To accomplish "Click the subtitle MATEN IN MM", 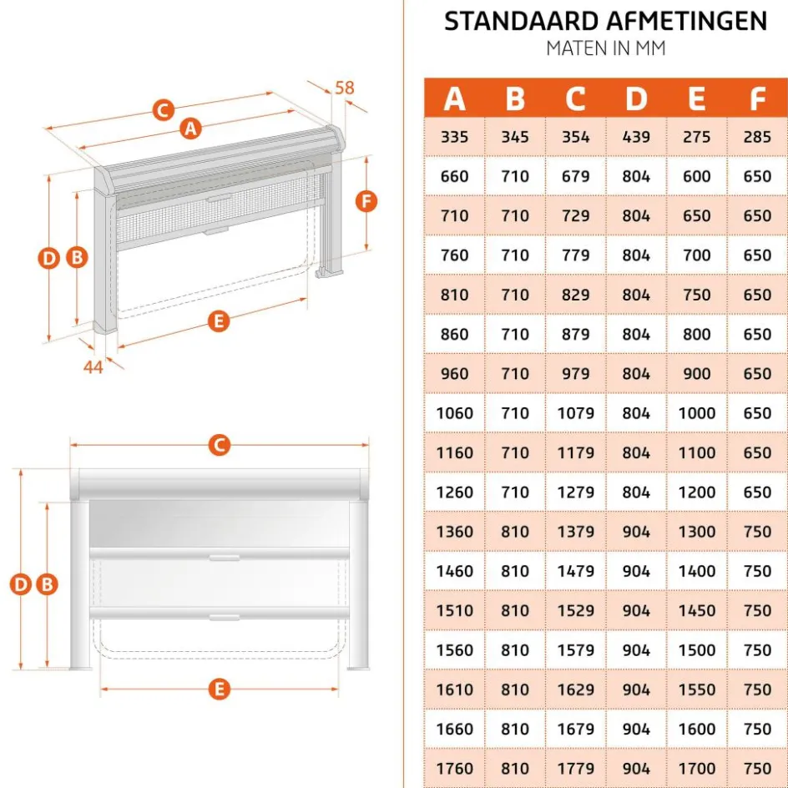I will click(605, 48).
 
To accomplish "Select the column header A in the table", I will click(454, 98).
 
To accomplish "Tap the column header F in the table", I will click(757, 98).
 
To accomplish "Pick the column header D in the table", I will click(636, 98).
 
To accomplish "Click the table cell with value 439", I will click(636, 137).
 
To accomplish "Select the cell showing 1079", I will click(575, 413).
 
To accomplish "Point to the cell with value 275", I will click(696, 137).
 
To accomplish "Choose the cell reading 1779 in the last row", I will click(575, 768).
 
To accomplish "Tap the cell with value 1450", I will click(696, 610).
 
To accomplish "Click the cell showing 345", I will click(515, 137).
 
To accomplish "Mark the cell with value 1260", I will click(454, 492).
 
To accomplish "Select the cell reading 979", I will click(575, 374).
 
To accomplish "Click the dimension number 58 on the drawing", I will click(344, 88).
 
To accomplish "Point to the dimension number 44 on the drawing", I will click(93, 366).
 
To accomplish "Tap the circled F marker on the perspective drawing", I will click(366, 200).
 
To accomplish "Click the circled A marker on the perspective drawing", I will click(191, 129).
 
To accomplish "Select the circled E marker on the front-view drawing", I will click(219, 689).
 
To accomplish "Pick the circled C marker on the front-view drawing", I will click(219, 446).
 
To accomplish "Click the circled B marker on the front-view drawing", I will click(48, 584).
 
